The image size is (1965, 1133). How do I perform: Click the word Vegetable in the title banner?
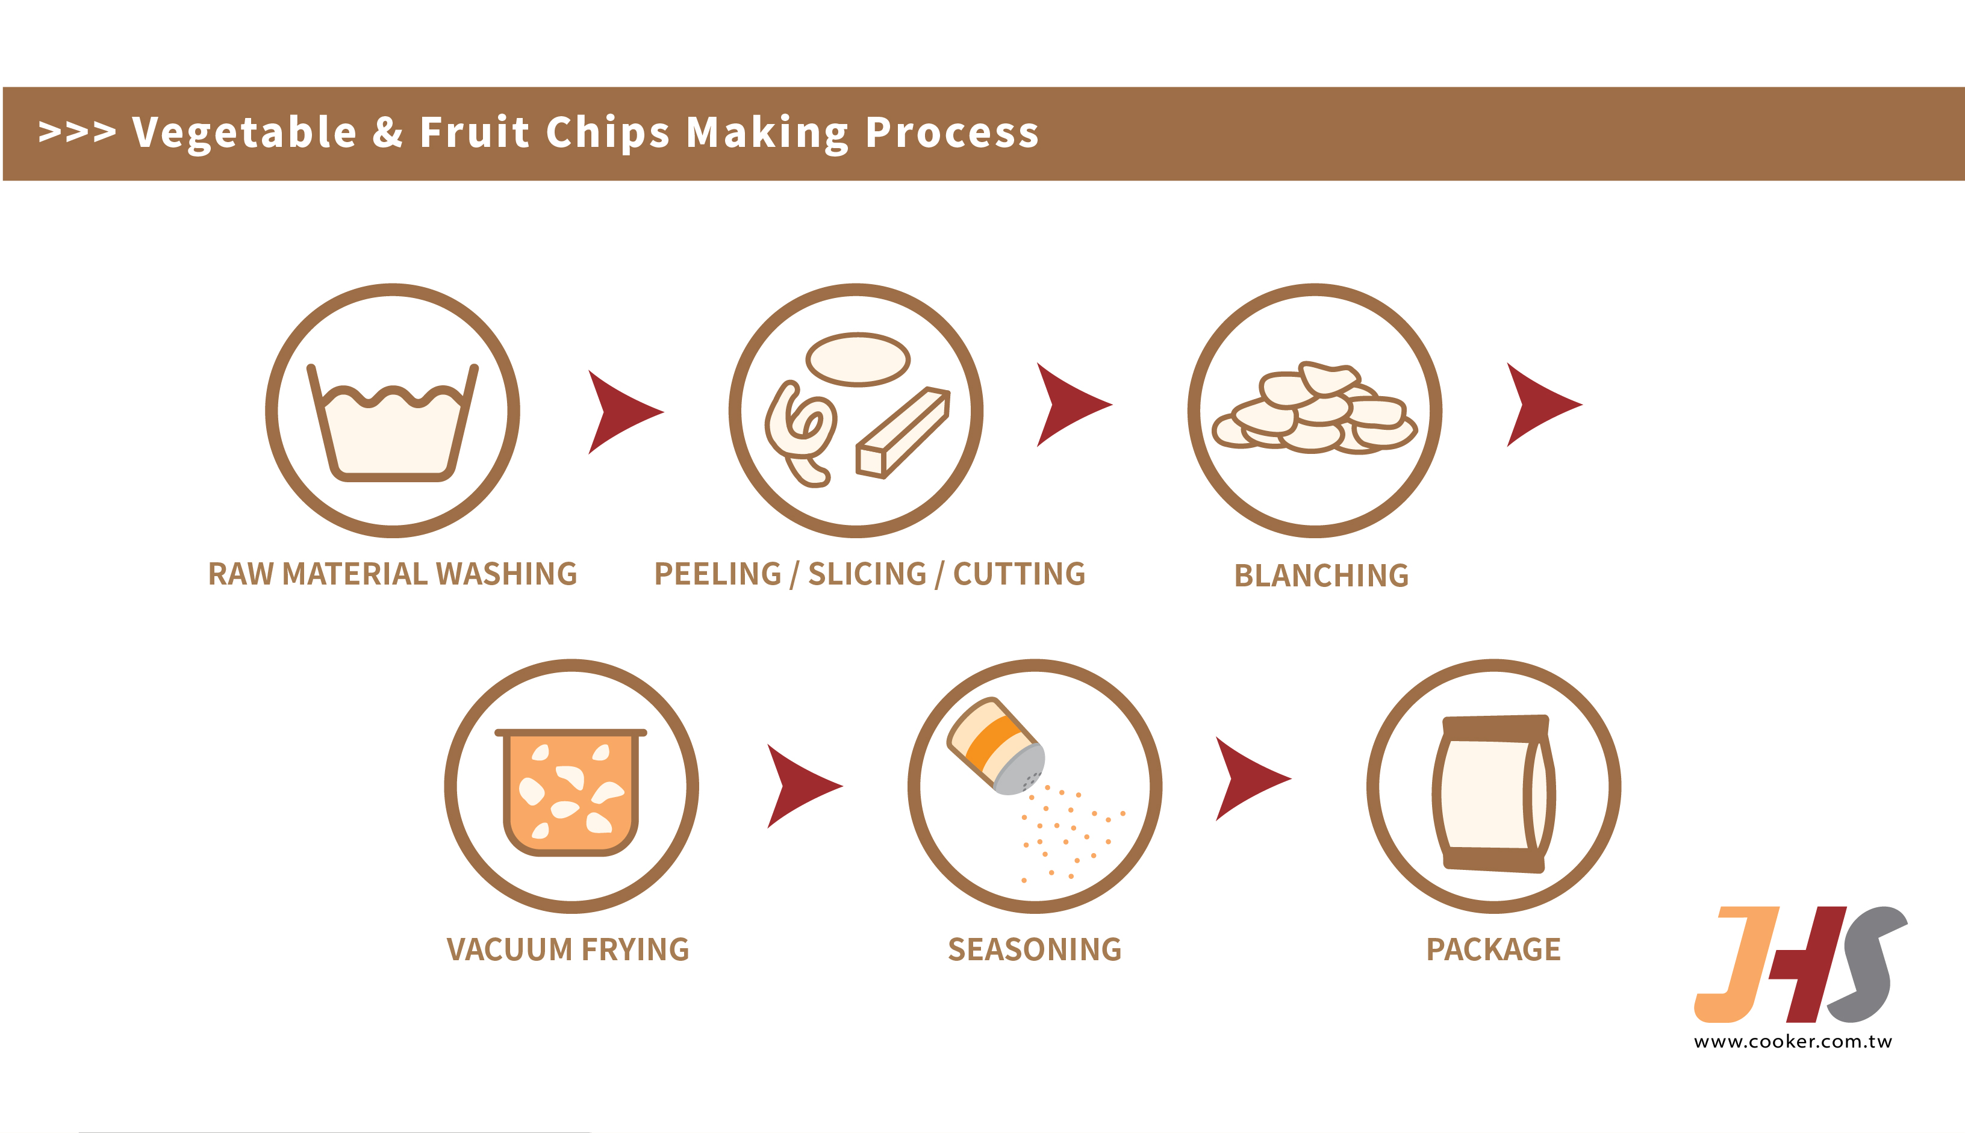point(243,132)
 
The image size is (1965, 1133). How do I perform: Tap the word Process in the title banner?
point(951,132)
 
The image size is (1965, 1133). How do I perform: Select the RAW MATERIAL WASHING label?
point(392,574)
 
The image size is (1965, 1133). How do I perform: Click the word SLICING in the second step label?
point(867,574)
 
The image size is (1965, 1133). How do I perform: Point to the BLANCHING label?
point(1321,576)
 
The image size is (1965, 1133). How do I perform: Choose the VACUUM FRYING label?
point(567,949)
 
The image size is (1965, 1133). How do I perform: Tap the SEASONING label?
point(1034,949)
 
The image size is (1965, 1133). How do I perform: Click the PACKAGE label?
point(1493,949)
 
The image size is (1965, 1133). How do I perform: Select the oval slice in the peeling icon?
point(858,359)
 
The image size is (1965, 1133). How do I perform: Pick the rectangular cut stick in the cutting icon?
point(903,433)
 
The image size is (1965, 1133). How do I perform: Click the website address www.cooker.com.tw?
point(1792,1041)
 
